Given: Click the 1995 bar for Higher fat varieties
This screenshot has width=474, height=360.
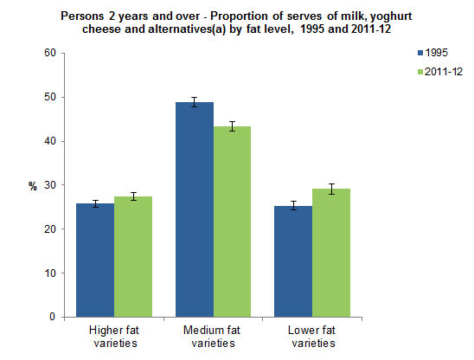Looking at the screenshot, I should coord(96,260).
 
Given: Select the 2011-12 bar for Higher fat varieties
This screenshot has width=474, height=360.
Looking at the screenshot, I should coord(133,257).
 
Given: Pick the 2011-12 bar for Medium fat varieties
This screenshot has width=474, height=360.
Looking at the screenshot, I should coord(232,222).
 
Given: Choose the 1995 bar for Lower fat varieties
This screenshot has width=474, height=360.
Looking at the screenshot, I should coord(293,261).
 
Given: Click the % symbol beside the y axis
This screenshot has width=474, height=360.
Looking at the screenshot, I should coord(33,185).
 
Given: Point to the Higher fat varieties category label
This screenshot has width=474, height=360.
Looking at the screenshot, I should coord(114,337).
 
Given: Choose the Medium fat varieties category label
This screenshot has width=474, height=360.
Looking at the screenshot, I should coord(213,337).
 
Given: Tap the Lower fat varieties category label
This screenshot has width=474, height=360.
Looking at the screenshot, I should coord(311,337).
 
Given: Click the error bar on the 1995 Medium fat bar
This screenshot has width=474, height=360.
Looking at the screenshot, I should coord(195,102).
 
